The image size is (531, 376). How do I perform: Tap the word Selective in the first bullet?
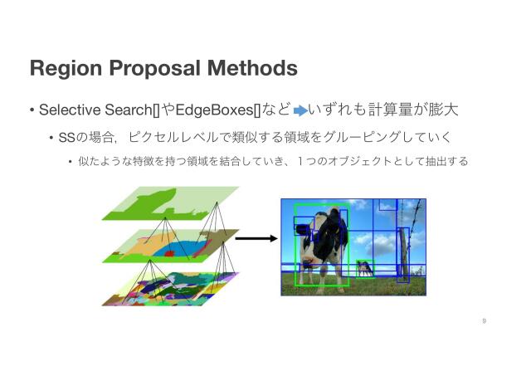(x=66, y=110)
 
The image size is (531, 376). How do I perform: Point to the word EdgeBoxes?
(x=218, y=110)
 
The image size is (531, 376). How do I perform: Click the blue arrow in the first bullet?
(x=300, y=110)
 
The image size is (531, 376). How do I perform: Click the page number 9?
(x=484, y=320)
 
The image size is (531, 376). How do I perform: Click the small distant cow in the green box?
(x=363, y=267)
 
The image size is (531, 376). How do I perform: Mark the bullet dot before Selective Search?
(x=32, y=110)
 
